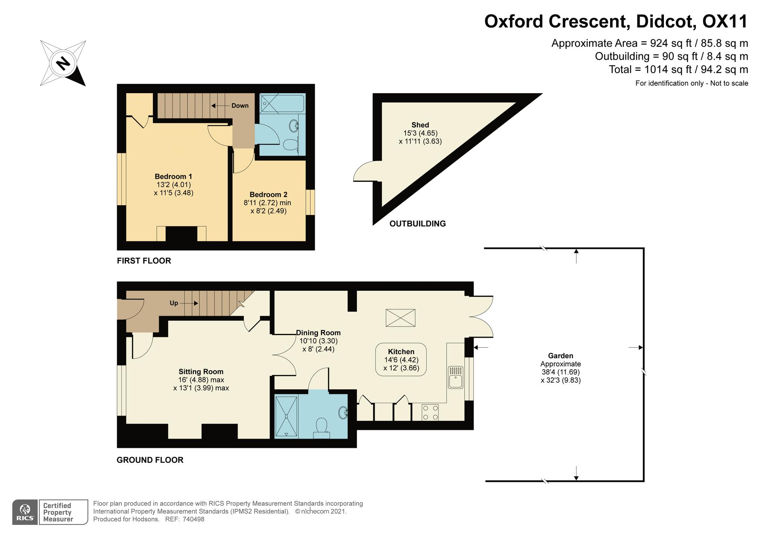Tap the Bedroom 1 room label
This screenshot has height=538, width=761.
[x=173, y=176]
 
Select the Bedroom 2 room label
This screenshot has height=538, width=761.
[x=268, y=194]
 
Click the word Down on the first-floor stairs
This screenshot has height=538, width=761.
[x=240, y=106]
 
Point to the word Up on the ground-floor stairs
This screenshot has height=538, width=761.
[x=174, y=303]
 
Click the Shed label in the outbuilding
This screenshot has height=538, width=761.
[x=420, y=125]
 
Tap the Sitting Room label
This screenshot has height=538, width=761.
[x=201, y=372]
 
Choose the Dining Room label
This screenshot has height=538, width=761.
[x=318, y=333]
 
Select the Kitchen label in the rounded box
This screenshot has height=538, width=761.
[x=401, y=352]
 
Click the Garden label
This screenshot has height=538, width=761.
[x=561, y=356]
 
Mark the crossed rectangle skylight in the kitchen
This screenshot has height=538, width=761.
[x=401, y=318]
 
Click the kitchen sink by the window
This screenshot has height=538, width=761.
[x=456, y=377]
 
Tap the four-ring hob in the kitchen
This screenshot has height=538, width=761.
[x=430, y=412]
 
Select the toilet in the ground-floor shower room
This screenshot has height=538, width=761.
[x=321, y=429]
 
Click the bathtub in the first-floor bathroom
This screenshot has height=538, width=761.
[x=282, y=103]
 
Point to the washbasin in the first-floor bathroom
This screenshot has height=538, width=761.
[x=294, y=125]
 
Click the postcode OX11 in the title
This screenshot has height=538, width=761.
[x=725, y=22]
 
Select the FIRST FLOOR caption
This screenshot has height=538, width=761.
[x=144, y=261]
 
